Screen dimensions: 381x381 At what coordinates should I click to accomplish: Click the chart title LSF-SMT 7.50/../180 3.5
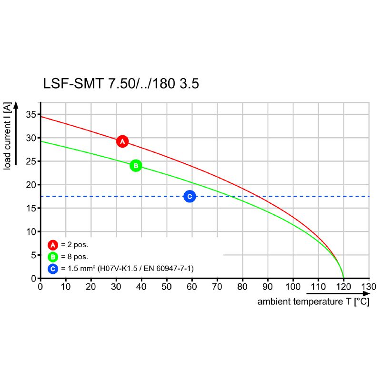point(121,84)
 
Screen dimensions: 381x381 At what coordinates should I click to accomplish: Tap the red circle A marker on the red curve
point(122,141)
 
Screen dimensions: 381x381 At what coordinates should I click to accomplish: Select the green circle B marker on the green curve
point(136,166)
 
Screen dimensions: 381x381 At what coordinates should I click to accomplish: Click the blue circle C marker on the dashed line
point(190,196)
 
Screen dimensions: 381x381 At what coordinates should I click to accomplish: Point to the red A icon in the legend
point(53,245)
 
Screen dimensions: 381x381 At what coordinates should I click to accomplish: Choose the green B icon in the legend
point(53,257)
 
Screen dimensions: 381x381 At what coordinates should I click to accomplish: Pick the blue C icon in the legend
point(53,269)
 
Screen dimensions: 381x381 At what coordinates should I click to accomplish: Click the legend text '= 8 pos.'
point(74,257)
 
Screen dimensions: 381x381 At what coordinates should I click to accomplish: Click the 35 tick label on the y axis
point(31,114)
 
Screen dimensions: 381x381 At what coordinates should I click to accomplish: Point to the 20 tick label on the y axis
point(31,185)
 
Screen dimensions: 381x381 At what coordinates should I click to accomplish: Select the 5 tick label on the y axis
point(33,255)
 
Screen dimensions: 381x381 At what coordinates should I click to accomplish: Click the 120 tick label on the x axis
point(343,287)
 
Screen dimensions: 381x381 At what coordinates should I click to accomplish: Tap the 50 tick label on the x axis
point(167,287)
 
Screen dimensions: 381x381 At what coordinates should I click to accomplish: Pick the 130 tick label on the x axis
point(369,287)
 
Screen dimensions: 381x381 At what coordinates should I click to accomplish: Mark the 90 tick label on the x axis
point(268,287)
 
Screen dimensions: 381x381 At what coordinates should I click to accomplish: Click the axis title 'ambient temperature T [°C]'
point(313,302)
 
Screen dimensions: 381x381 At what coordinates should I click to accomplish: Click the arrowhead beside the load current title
point(16,106)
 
